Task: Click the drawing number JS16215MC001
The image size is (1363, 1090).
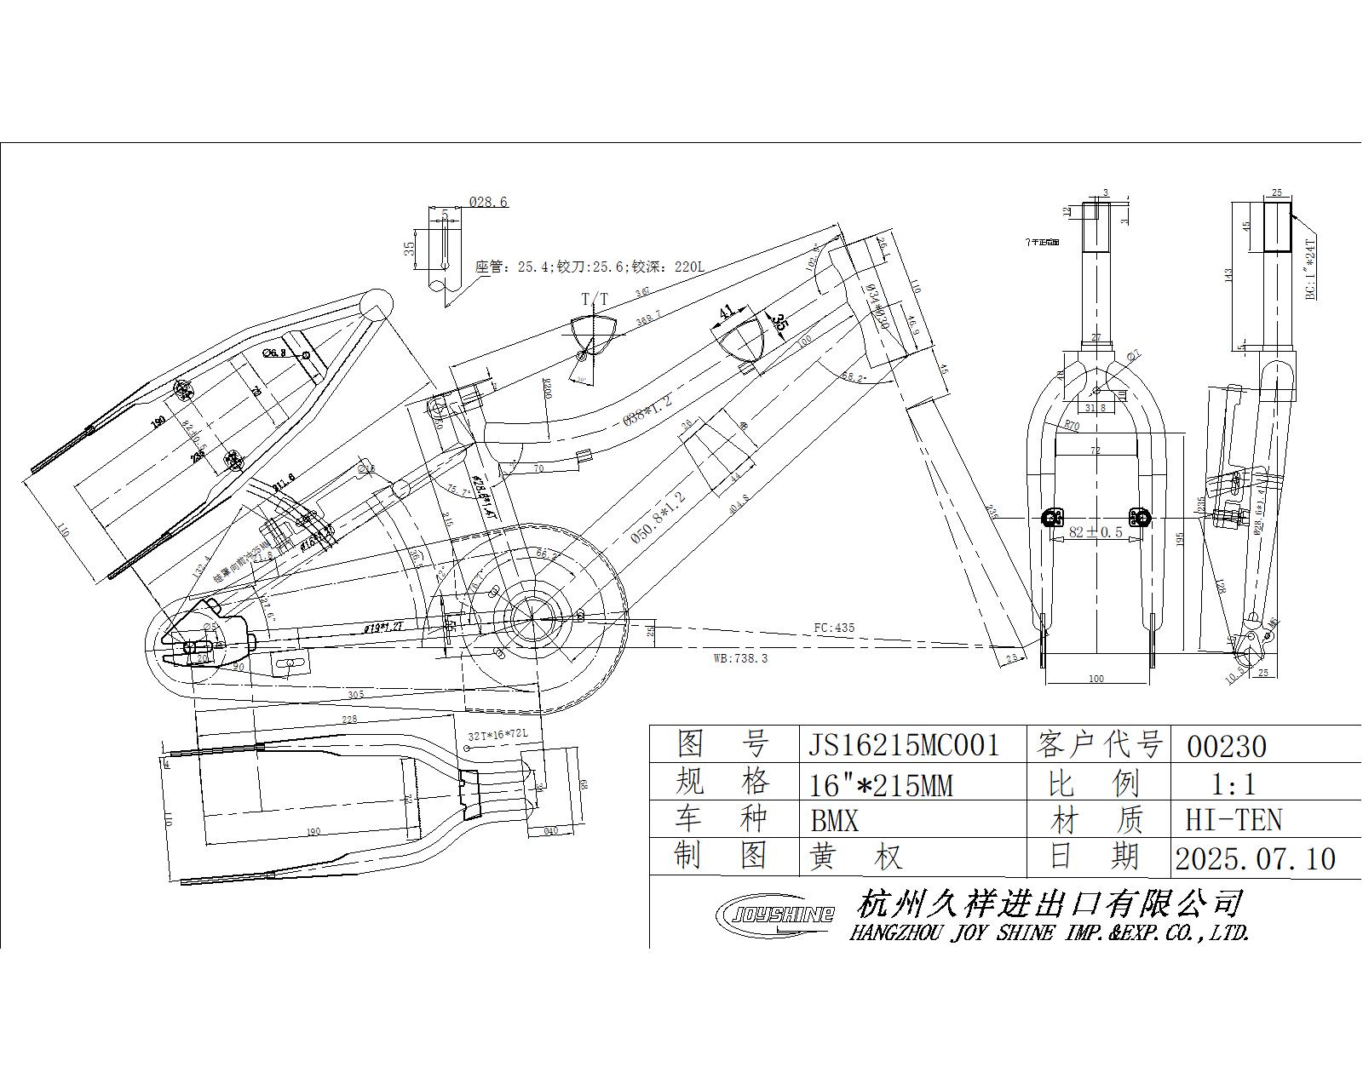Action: coord(903,746)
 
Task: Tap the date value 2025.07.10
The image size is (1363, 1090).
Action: coord(1255,858)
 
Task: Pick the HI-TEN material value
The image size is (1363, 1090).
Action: coord(1234,820)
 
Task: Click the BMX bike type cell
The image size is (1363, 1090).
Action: coord(835,821)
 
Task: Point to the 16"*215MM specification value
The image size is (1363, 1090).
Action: coord(881,783)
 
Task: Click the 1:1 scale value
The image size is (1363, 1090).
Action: coord(1234,783)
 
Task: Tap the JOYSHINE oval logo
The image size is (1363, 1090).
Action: coord(774,915)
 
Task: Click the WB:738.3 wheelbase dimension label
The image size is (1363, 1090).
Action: coord(740,658)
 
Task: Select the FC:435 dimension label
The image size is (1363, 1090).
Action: coord(833,628)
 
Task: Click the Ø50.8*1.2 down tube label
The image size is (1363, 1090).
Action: coord(658,517)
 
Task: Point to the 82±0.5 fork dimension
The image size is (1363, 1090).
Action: coord(1096,532)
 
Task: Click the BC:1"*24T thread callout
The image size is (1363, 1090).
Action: coord(1311,268)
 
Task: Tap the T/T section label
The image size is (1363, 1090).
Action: coord(595,299)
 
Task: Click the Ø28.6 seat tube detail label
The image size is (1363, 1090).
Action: coord(488,202)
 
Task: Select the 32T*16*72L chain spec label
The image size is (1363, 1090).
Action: coord(498,734)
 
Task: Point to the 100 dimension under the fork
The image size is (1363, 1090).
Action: coord(1096,679)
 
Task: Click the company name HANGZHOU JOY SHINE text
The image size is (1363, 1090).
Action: coord(1049,933)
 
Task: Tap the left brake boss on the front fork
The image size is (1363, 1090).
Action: coord(1054,517)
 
